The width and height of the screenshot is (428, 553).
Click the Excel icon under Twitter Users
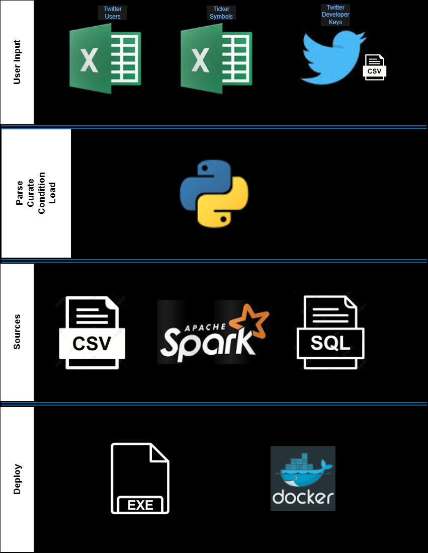(x=105, y=58)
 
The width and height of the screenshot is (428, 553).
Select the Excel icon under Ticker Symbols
(x=216, y=58)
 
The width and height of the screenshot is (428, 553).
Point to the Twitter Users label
(x=113, y=13)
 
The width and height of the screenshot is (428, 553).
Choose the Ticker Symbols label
(x=221, y=13)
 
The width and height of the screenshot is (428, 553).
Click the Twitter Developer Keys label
(x=335, y=15)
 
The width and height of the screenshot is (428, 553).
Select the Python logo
(x=214, y=194)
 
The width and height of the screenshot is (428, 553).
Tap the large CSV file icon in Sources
(x=92, y=333)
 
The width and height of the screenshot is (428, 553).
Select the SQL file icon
(x=330, y=333)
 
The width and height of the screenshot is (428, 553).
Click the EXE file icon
(x=140, y=478)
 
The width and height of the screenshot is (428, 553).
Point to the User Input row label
(x=17, y=62)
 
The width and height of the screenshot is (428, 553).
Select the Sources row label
(x=17, y=332)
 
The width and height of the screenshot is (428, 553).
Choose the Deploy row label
(x=17, y=480)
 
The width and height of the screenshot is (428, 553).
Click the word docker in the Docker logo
(x=303, y=497)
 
